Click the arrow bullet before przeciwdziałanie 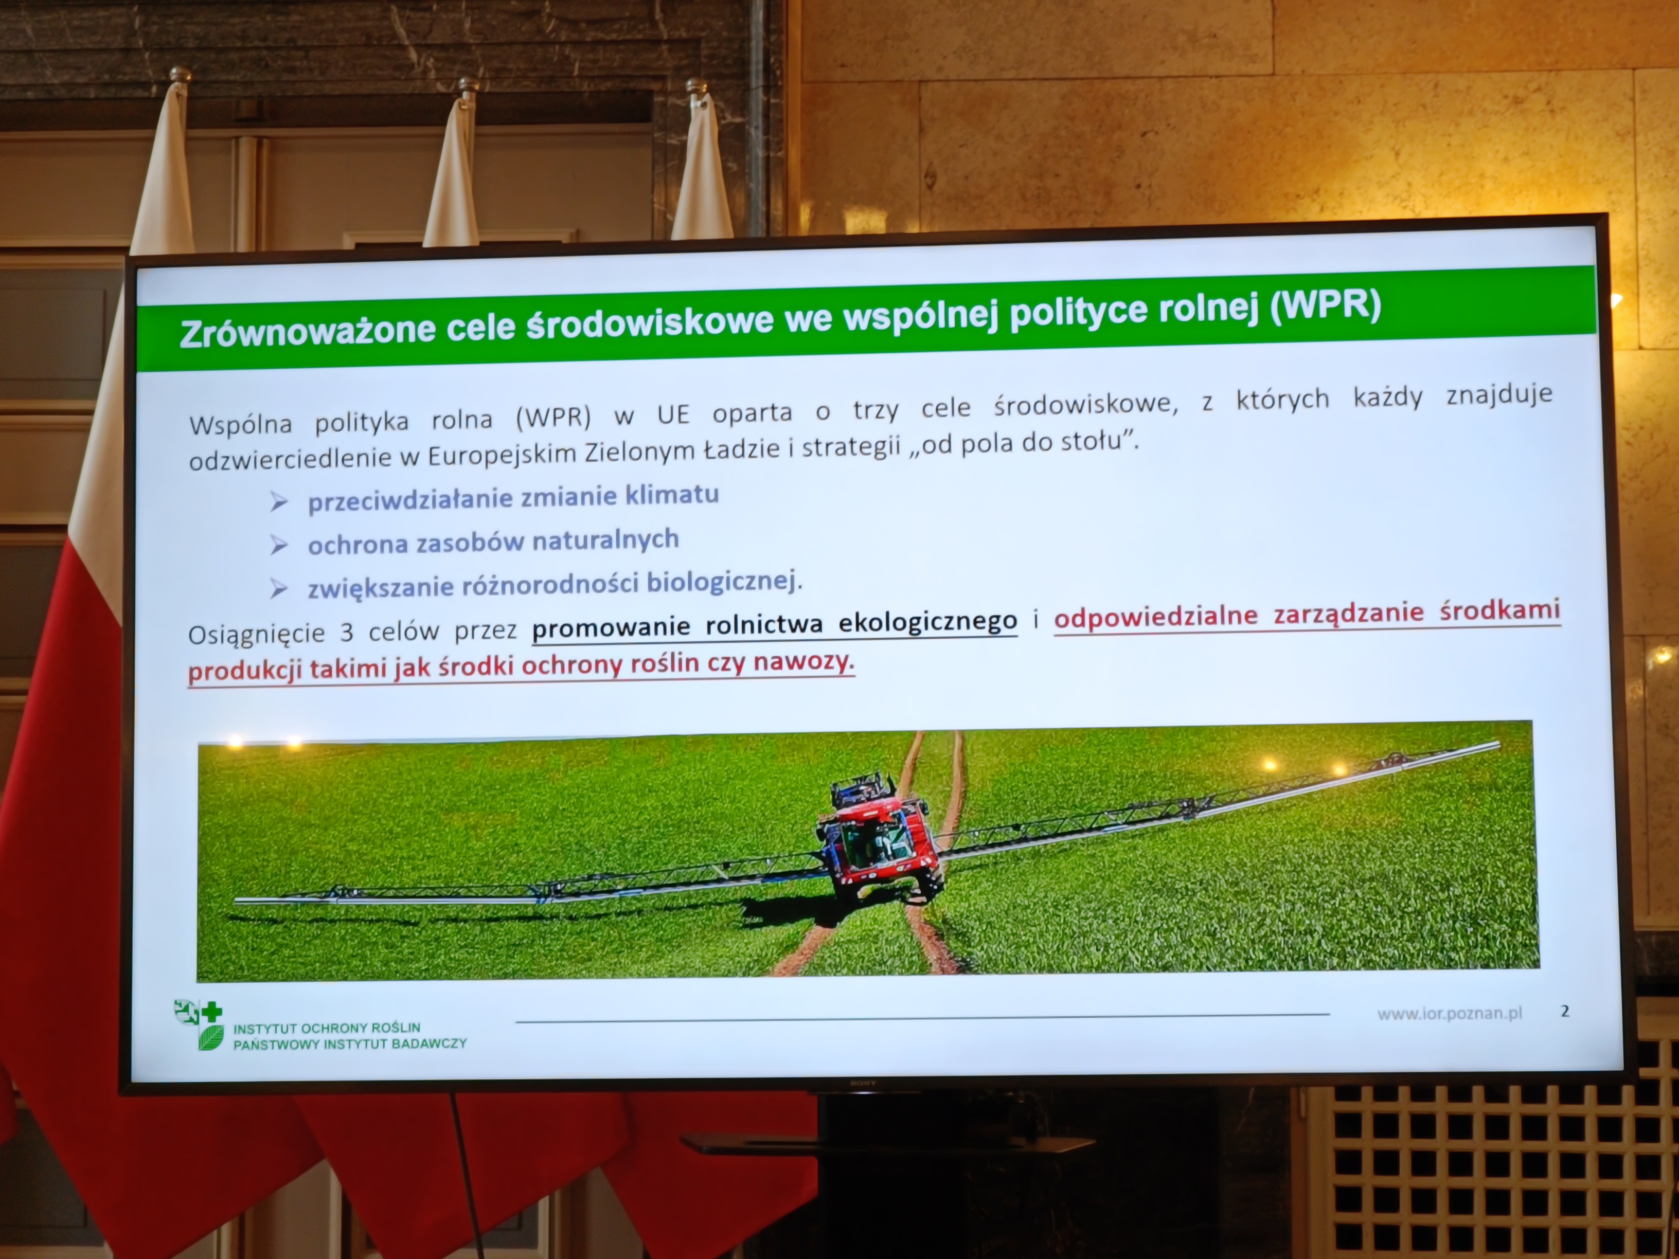279,501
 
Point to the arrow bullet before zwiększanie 279,589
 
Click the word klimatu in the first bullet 672,495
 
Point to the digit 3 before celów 346,632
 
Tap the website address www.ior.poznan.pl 1450,1014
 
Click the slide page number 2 1564,1011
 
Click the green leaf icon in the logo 211,1037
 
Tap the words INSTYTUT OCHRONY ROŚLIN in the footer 327,1028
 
